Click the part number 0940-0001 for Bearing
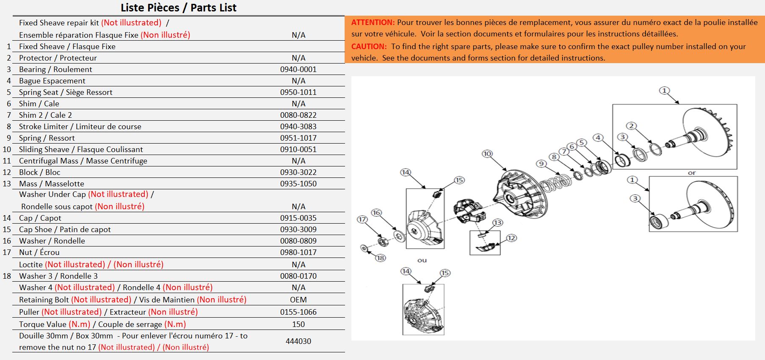click(x=298, y=69)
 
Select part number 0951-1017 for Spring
click(x=298, y=138)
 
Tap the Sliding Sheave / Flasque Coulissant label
click(x=81, y=150)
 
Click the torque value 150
click(x=298, y=324)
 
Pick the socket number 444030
click(x=298, y=341)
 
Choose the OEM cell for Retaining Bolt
click(x=298, y=300)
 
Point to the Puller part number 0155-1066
click(x=298, y=312)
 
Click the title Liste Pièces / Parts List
click(x=178, y=8)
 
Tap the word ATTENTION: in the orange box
click(x=373, y=22)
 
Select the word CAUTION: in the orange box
click(x=369, y=47)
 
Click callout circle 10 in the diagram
click(x=487, y=154)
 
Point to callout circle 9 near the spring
click(x=541, y=164)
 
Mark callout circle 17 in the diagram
click(x=362, y=219)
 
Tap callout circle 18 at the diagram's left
click(x=380, y=258)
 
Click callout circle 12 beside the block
click(x=511, y=238)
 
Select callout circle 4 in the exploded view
click(x=598, y=138)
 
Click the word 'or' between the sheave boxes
click(x=691, y=173)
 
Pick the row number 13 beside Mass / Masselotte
click(x=7, y=184)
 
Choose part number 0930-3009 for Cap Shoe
click(x=298, y=230)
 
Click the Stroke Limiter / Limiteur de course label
click(x=80, y=127)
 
